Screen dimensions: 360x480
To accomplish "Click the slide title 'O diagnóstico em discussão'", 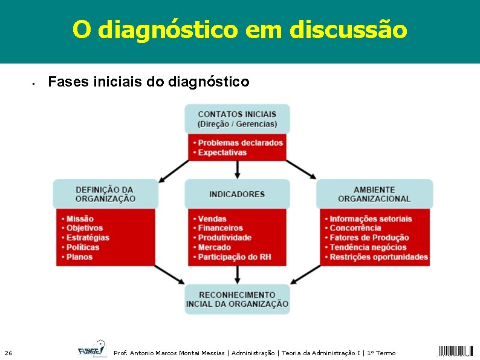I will tap(239, 28).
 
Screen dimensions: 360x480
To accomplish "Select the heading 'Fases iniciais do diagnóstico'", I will tap(148, 81).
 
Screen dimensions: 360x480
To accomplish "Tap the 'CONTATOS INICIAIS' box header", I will tap(237, 119).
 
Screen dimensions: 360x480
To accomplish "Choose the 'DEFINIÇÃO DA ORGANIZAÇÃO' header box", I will tap(105, 194).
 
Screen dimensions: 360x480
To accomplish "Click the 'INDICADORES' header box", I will tap(237, 194).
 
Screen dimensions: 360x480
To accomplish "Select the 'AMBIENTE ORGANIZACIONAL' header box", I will tap(374, 194).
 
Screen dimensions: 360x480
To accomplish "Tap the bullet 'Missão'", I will tap(80, 218).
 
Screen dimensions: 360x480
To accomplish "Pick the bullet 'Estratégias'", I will tap(88, 238).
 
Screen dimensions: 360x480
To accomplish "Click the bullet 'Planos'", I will tap(79, 257).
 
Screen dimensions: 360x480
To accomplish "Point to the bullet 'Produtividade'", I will tap(224, 238).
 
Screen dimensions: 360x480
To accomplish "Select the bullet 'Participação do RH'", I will tap(235, 257).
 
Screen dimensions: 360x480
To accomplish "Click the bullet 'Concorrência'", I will tap(355, 228).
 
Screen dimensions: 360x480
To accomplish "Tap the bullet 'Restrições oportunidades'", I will tap(378, 257).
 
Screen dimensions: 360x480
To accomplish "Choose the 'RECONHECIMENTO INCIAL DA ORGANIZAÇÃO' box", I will tap(237, 299).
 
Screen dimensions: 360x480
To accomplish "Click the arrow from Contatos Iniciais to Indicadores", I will tap(237, 169).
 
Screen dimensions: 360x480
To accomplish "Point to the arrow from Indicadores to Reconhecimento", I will tap(237, 275).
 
